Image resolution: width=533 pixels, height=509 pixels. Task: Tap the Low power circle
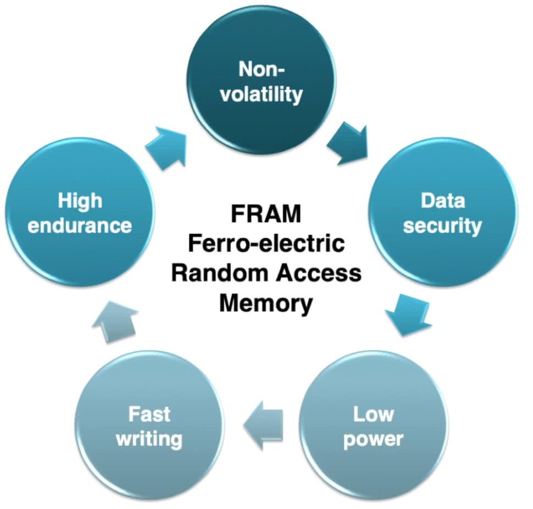click(x=374, y=426)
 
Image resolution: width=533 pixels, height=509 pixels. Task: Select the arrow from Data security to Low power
click(x=407, y=314)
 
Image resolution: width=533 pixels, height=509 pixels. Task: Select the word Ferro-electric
click(x=266, y=244)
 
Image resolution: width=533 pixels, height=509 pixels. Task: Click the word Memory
click(x=266, y=303)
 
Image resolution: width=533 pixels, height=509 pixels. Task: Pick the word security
click(x=442, y=225)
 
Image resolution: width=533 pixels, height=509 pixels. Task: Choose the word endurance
click(x=80, y=225)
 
